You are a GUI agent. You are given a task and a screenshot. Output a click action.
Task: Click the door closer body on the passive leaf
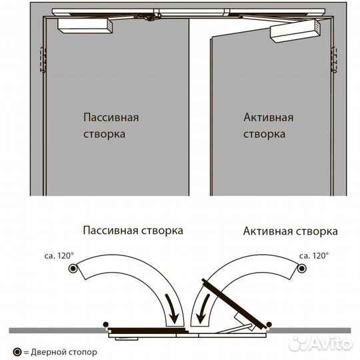85,26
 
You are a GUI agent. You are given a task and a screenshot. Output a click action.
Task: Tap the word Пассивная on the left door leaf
111,117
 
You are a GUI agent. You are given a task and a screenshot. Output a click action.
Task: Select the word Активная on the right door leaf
269,117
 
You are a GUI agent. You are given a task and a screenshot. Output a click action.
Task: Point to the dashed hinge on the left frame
43,60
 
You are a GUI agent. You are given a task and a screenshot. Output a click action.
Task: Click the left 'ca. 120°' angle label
59,256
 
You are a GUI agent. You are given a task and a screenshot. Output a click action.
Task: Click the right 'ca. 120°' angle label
314,256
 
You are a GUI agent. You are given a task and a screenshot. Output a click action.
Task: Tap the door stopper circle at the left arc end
73,268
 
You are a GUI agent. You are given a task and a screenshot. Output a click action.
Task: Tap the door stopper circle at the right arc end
302,268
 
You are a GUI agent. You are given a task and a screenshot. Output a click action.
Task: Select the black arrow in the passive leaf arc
172,309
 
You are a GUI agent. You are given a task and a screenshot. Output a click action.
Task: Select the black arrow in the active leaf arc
203,309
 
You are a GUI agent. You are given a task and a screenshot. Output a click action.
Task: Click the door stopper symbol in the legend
17,352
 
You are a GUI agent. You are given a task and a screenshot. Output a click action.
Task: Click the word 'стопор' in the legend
85,352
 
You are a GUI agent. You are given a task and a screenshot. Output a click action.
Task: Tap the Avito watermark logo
320,343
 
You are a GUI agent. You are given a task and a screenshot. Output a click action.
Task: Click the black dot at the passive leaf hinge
105,325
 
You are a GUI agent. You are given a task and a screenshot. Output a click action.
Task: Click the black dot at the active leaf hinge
269,325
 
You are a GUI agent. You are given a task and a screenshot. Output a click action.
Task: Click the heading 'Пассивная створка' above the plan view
133,230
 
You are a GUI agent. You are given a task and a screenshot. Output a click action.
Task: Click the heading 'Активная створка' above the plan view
291,231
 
